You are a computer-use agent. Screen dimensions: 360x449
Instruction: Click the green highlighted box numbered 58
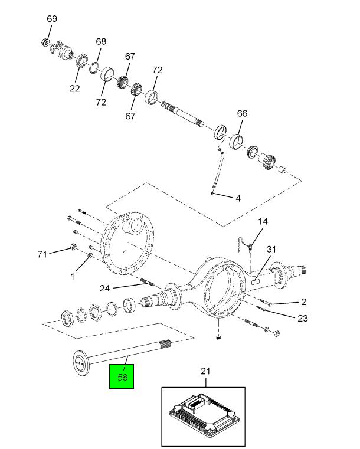click(122, 376)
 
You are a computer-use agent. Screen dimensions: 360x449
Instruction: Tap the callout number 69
click(52, 19)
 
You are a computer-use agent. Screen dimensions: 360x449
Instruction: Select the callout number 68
click(101, 42)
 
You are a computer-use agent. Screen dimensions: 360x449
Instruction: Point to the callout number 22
click(75, 89)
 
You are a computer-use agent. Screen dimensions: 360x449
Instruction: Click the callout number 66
click(242, 113)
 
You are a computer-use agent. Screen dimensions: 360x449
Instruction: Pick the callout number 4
click(238, 198)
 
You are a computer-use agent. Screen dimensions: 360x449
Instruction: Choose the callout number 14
click(263, 222)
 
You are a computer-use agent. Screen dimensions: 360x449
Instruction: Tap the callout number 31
click(271, 250)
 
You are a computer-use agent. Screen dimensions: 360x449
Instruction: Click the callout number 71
click(42, 254)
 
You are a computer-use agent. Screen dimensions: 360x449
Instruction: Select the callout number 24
click(104, 288)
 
